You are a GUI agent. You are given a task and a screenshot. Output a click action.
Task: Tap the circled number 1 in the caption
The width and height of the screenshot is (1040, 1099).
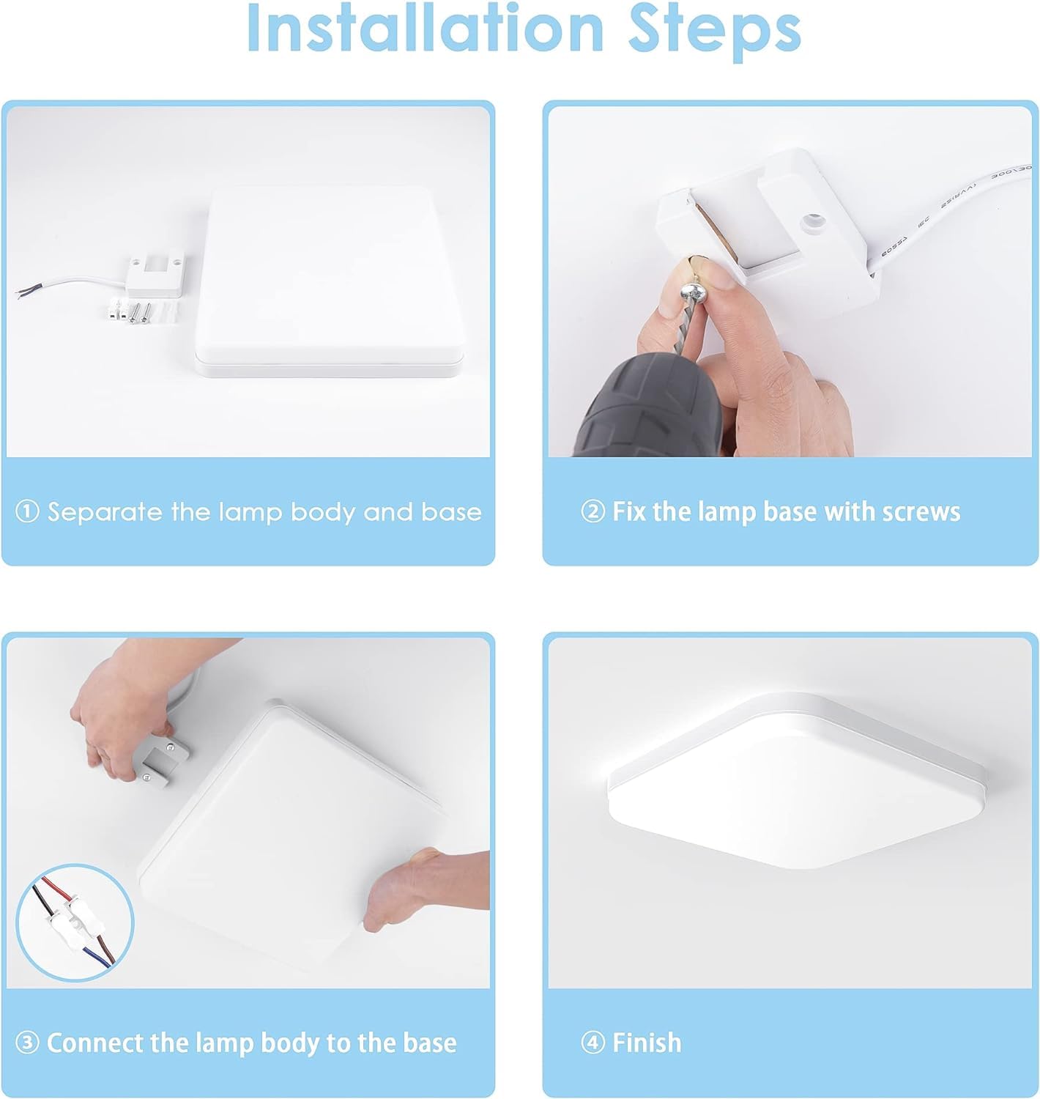[x=27, y=511]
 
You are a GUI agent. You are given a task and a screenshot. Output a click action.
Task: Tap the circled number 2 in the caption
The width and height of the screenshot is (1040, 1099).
[x=593, y=511]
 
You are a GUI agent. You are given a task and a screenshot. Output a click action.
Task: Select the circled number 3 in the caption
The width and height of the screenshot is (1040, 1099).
[x=27, y=1043]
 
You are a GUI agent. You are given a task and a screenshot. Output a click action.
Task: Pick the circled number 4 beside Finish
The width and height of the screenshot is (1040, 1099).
[x=593, y=1043]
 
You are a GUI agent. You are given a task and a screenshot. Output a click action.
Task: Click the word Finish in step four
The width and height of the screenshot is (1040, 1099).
[x=647, y=1043]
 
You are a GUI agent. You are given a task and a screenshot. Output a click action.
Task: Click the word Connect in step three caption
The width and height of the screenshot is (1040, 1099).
[x=96, y=1043]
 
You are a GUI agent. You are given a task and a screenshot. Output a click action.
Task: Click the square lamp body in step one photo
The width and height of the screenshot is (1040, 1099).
[x=330, y=282]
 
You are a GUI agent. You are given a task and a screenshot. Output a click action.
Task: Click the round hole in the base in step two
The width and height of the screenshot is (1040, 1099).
[x=811, y=220]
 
